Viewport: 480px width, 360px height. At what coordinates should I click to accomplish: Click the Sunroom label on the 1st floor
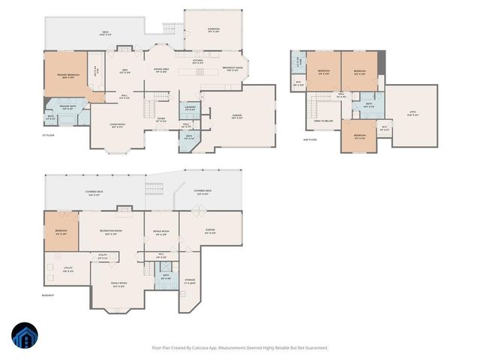click(214, 30)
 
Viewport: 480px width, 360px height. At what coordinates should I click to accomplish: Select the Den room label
click(125, 72)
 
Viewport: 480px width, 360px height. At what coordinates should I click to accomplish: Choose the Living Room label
click(118, 126)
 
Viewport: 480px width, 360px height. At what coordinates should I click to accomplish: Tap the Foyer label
click(160, 118)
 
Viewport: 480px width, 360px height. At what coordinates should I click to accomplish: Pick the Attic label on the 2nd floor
click(412, 114)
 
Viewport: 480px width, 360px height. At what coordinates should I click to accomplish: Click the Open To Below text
click(324, 120)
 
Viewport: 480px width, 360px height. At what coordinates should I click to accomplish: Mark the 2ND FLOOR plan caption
click(310, 139)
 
